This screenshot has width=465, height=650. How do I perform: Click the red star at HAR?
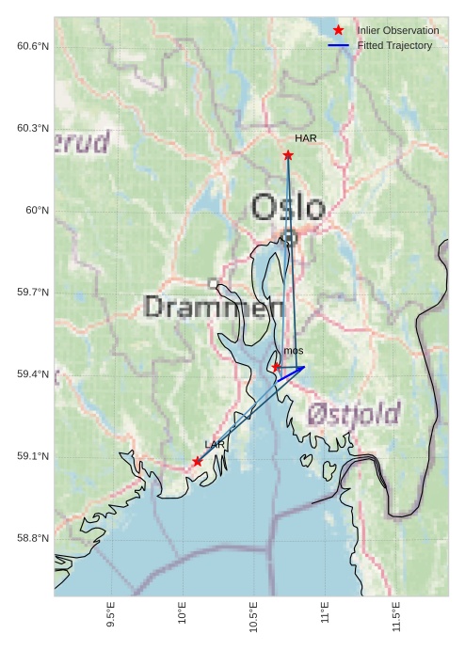[x=288, y=155]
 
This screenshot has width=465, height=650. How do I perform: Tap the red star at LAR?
[x=197, y=461]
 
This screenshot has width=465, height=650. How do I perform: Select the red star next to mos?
[x=276, y=367]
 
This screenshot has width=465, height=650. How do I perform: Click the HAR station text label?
[x=305, y=138]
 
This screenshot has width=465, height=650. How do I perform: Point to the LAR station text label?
[x=215, y=444]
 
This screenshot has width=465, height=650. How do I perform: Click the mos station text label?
[x=293, y=351]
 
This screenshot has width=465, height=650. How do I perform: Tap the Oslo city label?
[x=288, y=207]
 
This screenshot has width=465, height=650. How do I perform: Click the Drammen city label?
[x=215, y=307]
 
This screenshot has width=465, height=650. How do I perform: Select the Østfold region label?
[x=353, y=413]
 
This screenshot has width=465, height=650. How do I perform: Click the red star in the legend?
[x=339, y=30]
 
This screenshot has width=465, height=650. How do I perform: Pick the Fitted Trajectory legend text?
[x=394, y=45]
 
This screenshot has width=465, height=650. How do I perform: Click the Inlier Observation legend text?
[x=397, y=30]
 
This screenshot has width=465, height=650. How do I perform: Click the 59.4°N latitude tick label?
[x=33, y=374]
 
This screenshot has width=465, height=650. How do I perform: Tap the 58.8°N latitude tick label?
[x=33, y=538]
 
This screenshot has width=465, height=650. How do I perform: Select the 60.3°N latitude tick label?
[x=33, y=128]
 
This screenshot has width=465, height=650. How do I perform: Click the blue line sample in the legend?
[x=339, y=45]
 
